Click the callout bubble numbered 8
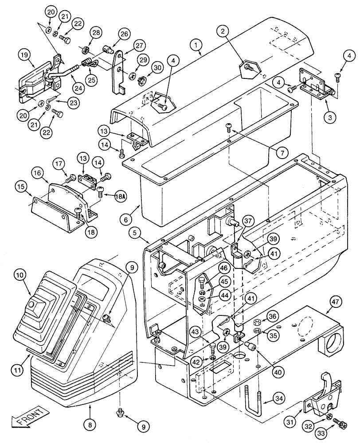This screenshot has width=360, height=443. click(x=90, y=424)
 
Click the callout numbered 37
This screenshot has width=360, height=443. click(x=247, y=221)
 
